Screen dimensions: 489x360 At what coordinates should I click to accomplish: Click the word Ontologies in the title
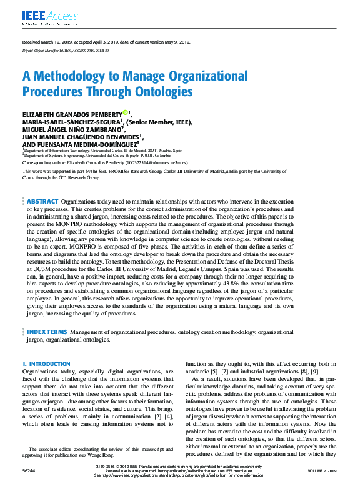point(162,92)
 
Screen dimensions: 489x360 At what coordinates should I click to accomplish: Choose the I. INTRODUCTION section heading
point(46,363)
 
